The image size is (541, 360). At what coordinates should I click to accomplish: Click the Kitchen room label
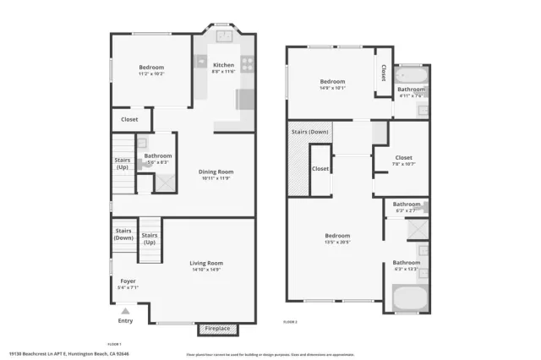point(223,65)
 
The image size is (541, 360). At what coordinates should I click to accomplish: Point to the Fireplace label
point(218,329)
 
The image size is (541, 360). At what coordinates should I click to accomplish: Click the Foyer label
point(128,281)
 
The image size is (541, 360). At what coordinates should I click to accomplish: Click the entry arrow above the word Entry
point(125,312)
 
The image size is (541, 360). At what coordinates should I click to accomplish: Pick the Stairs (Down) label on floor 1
point(123,233)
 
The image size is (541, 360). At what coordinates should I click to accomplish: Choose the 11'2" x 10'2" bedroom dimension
point(151,74)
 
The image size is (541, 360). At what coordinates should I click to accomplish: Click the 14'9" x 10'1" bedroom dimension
point(334,88)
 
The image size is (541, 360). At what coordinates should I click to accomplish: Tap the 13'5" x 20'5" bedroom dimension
point(337,243)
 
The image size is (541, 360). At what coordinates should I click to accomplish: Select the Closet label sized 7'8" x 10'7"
point(404,157)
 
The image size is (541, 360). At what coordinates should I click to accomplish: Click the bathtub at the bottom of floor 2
point(411,298)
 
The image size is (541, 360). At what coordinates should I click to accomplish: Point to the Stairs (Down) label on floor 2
point(309,132)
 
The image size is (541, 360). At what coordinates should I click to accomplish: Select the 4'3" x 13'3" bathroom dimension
point(406,270)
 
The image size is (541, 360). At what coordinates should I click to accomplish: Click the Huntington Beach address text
point(69,354)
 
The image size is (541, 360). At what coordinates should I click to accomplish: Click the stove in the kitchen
point(248,61)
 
